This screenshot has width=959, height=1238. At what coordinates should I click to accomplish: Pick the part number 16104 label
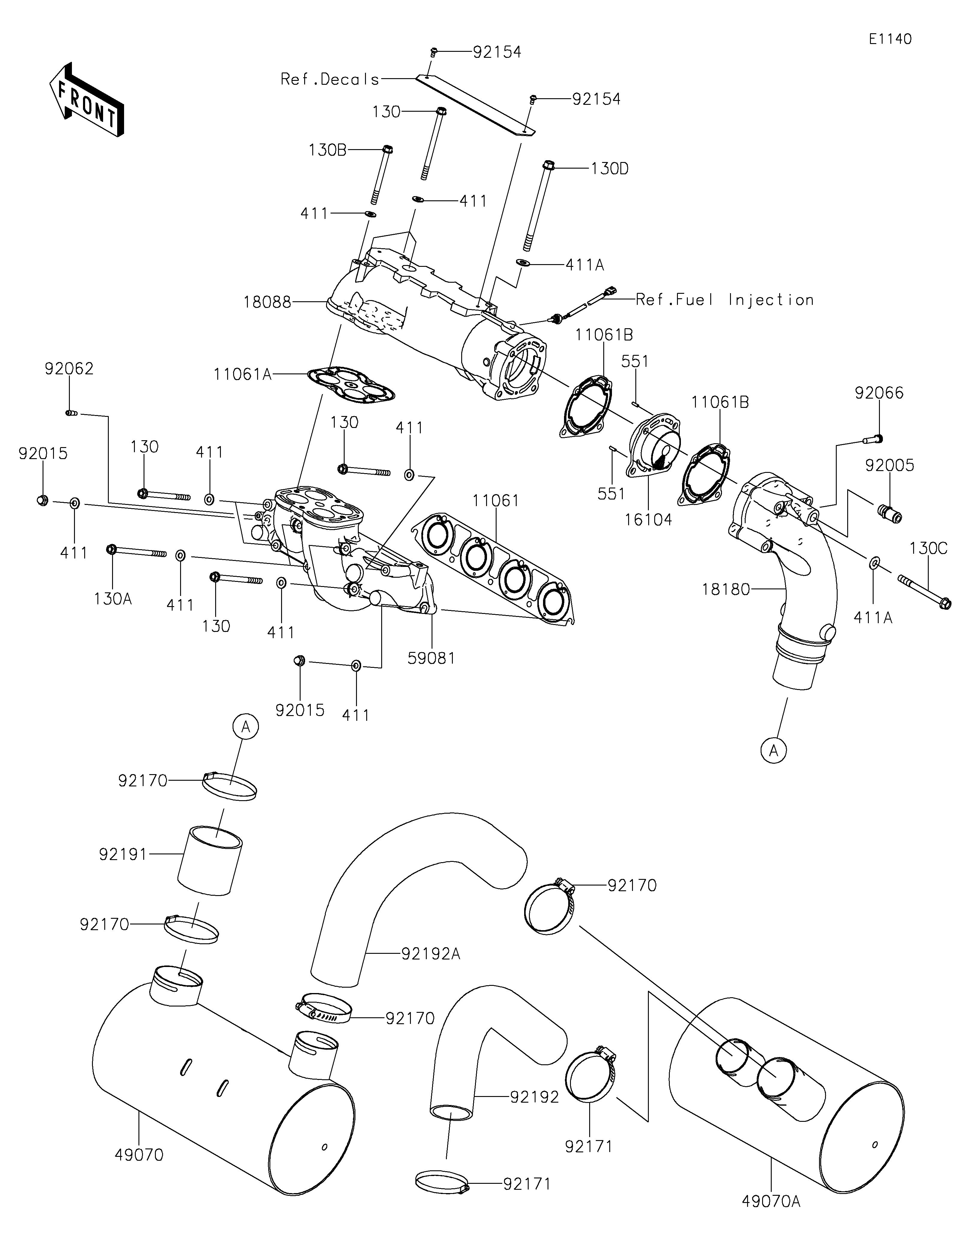point(648,519)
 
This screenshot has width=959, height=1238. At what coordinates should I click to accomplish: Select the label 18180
point(726,590)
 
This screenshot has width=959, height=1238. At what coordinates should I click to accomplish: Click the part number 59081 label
point(432,658)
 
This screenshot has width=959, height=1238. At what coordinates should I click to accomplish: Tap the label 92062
point(69,369)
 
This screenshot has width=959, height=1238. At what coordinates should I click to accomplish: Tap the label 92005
point(889,465)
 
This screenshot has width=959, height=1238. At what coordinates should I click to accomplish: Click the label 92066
point(879,393)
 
